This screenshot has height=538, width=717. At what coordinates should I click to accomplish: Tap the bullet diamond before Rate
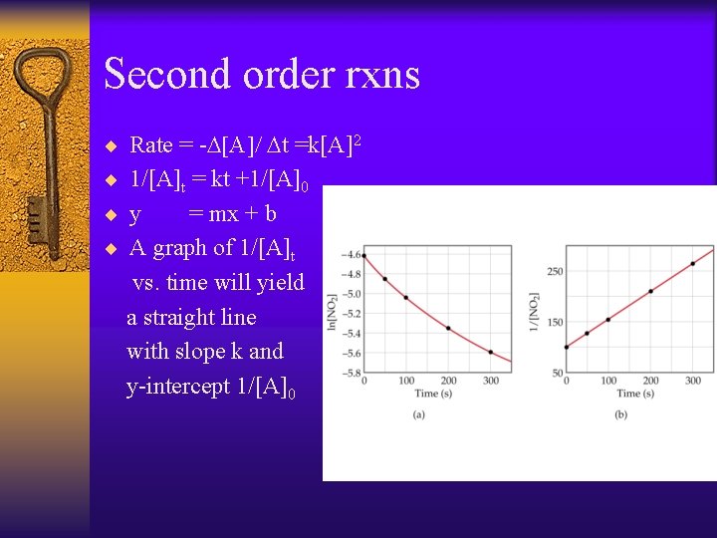[112, 146]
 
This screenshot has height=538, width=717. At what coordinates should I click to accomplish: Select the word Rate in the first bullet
[151, 145]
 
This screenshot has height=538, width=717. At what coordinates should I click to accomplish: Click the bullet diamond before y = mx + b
[112, 214]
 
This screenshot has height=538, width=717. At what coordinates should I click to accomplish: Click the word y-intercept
[178, 387]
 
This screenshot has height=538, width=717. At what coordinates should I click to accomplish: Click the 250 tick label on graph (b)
[556, 271]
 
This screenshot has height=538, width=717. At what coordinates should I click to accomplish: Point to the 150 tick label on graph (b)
[556, 322]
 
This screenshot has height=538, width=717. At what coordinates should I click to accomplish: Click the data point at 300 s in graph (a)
[491, 352]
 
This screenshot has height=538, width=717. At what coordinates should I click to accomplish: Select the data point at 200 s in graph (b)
[651, 291]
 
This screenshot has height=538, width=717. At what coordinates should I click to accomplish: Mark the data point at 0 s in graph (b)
[567, 347]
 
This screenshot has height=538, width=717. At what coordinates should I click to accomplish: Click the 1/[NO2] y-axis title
[536, 311]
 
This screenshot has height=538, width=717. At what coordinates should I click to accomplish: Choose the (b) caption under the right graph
[621, 413]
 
